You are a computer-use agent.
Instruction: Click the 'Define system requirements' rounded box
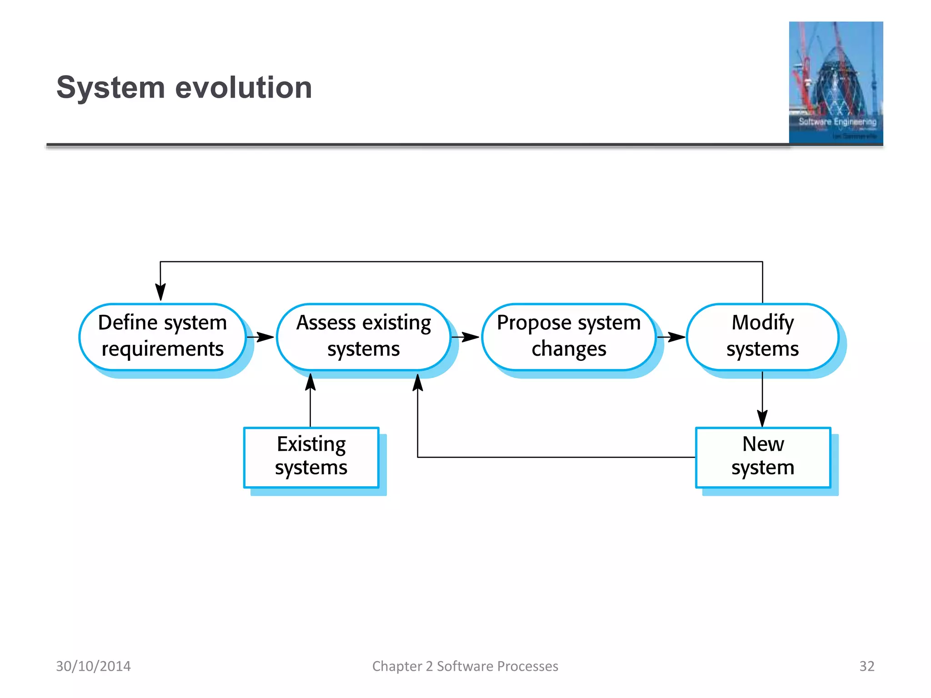coord(162,337)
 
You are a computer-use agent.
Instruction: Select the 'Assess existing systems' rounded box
coord(363,337)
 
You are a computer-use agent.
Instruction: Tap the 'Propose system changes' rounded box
coord(568,337)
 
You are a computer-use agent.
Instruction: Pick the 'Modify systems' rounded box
coord(762,337)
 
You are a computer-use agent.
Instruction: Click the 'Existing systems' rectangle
coord(311,457)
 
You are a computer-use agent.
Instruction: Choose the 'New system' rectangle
coord(763,457)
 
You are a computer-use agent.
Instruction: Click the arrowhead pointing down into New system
coord(762,418)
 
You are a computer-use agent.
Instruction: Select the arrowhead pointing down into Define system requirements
coord(160,292)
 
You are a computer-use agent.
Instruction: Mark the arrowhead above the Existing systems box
coord(310,383)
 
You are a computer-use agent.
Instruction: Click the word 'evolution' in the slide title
coord(244,87)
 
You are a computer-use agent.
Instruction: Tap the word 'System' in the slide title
coord(110,87)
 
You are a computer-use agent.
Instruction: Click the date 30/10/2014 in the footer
coord(93,666)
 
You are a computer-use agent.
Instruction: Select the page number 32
coord(866,666)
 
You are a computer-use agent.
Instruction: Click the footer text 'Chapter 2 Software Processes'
coord(465,666)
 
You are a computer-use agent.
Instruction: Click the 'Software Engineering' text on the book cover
coord(837,122)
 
